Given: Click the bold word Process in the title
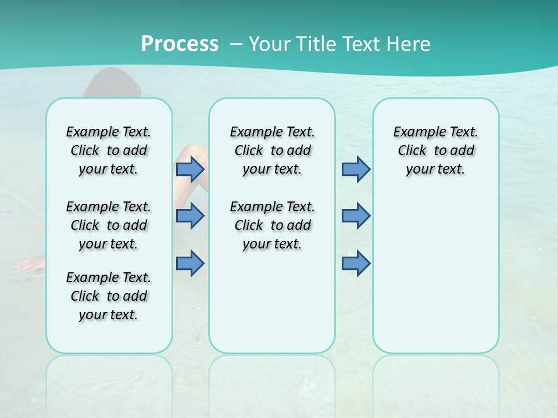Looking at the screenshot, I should tap(180, 44).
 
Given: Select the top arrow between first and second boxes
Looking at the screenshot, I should tap(190, 169).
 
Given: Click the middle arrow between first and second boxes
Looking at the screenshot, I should tap(190, 216).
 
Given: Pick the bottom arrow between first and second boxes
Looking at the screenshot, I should tap(190, 264).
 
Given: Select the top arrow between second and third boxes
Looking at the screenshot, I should tap(356, 169).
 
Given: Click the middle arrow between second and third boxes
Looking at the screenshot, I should tap(356, 216).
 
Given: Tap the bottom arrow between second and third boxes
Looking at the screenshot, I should tap(356, 264).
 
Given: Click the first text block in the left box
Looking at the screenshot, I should tap(109, 150).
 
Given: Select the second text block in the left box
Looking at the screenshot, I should tap(109, 225).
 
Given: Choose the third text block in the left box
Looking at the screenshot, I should tap(109, 296).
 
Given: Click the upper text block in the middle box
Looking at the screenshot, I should tap(272, 150).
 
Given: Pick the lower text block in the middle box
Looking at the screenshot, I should tap(272, 225).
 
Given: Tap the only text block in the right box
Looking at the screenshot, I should tap(435, 150).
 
